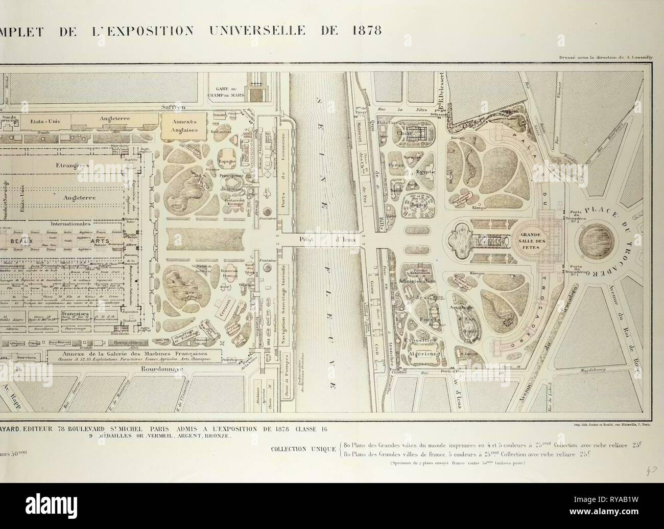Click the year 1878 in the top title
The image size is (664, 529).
pyautogui.click(x=364, y=30)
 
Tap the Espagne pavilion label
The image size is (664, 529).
pyautogui.click(x=228, y=163)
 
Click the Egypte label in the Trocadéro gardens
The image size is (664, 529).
pyautogui.click(x=425, y=172)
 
